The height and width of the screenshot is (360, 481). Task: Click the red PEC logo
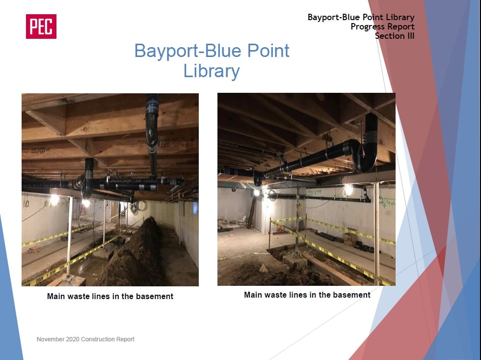(x=41, y=27)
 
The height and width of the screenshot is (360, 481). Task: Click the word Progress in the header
(x=367, y=27)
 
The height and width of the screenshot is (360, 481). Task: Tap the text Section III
(x=395, y=36)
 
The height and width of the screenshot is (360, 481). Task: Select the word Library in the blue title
(x=212, y=72)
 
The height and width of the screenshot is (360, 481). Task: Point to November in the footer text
(x=50, y=339)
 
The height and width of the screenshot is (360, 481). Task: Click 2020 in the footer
(x=73, y=339)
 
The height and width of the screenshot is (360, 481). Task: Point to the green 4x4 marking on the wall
(x=387, y=203)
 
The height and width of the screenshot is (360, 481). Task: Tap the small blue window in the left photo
(x=195, y=209)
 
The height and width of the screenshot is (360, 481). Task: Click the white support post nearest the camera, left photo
(x=69, y=237)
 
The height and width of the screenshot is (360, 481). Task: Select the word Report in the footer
(x=125, y=339)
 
